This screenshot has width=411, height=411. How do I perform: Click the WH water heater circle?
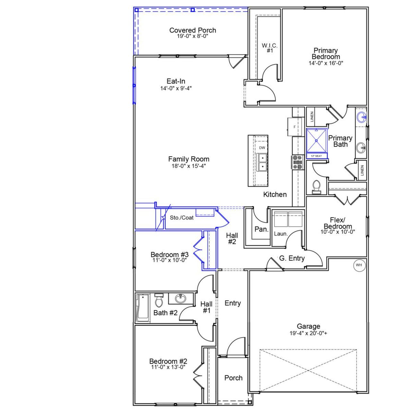359,265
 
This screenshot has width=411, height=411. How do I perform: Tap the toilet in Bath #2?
159,301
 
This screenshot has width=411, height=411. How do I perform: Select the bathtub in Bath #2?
143,308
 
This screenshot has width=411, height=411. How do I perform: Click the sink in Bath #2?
180,299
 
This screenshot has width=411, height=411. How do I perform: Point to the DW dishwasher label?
262,148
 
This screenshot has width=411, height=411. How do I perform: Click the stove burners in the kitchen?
297,162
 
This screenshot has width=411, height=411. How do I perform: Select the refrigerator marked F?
294,127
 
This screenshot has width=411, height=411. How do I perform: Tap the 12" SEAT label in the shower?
316,156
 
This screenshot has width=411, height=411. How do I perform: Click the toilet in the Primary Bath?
316,187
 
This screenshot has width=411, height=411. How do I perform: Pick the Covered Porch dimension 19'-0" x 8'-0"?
193,36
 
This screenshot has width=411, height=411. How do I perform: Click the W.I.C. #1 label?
269,48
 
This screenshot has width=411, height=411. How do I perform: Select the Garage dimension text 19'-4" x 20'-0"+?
308,333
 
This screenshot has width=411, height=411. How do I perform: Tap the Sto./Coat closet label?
182,218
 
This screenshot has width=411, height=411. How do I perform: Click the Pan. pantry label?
261,229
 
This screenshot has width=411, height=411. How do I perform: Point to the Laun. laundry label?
281,234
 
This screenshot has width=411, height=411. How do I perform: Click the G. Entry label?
292,258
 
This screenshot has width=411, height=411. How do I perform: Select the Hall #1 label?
206,307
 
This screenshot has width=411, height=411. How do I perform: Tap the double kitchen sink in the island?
262,162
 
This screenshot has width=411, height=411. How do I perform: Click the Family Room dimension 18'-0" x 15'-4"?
188,166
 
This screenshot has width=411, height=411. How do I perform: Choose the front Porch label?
233,378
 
